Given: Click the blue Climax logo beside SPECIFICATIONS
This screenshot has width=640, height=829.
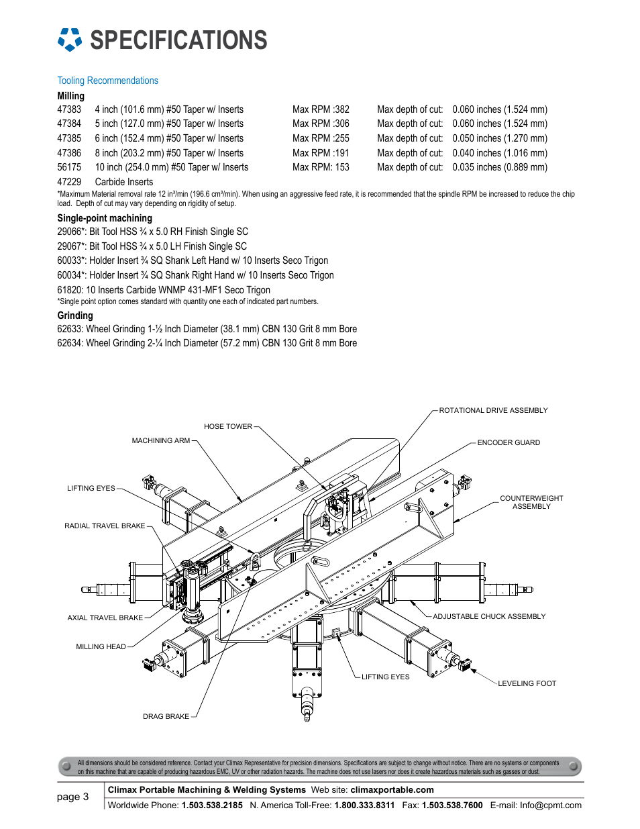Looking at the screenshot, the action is pyautogui.click(x=70, y=40).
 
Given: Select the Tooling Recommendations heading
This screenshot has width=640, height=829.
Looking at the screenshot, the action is pyautogui.click(x=107, y=81).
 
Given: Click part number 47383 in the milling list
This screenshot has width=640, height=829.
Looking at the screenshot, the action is pyautogui.click(x=69, y=109).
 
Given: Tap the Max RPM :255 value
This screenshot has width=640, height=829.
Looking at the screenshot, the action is pyautogui.click(x=321, y=138).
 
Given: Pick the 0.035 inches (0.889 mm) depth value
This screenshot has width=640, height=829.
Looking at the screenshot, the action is pyautogui.click(x=500, y=167).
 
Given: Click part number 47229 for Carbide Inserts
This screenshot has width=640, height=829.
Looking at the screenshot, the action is pyautogui.click(x=69, y=182).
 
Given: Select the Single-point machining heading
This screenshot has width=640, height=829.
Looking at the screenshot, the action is pyautogui.click(x=105, y=218).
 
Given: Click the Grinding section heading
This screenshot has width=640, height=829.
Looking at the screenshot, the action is pyautogui.click(x=75, y=315).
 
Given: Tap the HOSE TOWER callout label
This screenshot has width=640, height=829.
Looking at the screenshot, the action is pyautogui.click(x=228, y=426).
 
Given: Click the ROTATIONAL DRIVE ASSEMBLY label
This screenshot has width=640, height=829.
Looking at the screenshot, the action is pyautogui.click(x=493, y=411).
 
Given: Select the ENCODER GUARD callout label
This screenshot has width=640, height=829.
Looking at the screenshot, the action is pyautogui.click(x=509, y=442).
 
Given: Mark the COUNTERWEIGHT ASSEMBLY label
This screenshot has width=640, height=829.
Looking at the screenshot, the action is pyautogui.click(x=531, y=502).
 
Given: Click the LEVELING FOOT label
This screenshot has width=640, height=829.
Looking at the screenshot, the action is pyautogui.click(x=527, y=683).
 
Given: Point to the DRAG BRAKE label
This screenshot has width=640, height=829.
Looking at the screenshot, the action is pyautogui.click(x=166, y=716).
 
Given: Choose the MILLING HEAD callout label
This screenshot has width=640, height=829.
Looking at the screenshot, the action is pyautogui.click(x=101, y=646).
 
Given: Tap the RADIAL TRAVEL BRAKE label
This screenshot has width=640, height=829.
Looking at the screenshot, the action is pyautogui.click(x=105, y=526).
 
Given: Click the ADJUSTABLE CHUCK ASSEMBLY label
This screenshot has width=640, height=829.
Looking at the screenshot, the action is pyautogui.click(x=489, y=616).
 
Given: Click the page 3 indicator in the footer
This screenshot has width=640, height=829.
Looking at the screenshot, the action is pyautogui.click(x=72, y=797).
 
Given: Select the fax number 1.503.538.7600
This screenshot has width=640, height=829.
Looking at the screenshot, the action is pyautogui.click(x=452, y=806).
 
